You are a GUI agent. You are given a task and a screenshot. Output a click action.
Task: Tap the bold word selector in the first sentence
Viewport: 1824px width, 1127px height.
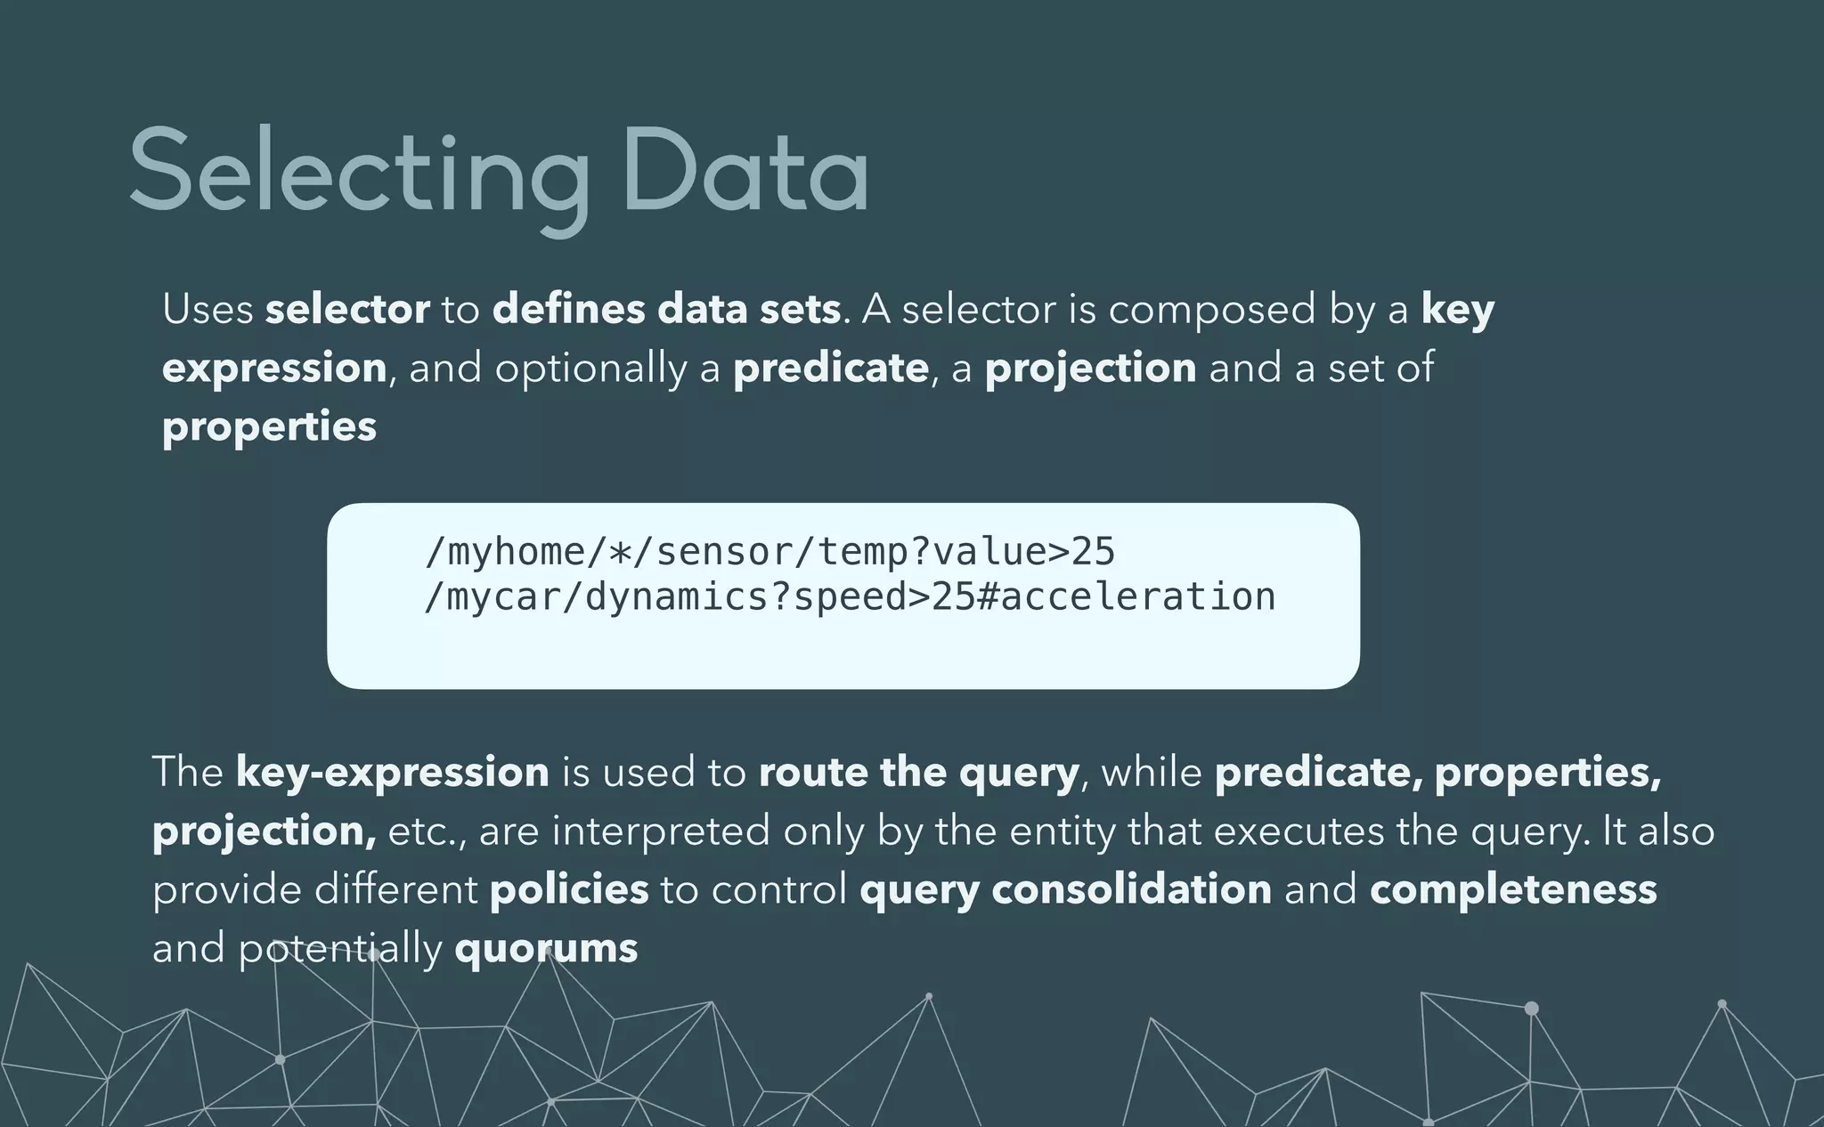(x=347, y=310)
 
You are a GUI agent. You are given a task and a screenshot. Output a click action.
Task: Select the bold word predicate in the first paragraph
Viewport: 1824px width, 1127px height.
(x=830, y=369)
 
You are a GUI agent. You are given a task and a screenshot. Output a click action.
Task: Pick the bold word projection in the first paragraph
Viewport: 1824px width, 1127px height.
(x=1090, y=369)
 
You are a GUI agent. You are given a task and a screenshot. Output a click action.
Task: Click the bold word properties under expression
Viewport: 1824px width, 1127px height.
(x=269, y=427)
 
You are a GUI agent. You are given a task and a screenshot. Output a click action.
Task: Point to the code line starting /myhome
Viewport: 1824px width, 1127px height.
(x=769, y=552)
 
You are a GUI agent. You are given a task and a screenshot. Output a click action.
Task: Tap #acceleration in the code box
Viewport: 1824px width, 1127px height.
(x=1126, y=597)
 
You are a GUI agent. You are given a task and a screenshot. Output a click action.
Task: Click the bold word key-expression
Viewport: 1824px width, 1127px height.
(x=392, y=772)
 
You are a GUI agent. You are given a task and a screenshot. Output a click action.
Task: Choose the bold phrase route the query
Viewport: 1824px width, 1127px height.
(x=918, y=772)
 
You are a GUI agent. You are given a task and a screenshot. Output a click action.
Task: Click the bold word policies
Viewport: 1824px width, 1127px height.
(x=569, y=889)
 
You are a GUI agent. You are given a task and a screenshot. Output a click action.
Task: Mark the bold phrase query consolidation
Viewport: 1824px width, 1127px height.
(x=1065, y=889)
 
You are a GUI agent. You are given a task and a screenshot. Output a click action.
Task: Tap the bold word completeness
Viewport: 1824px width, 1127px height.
(x=1513, y=889)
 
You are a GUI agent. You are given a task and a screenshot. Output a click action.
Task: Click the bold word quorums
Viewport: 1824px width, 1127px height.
(x=546, y=948)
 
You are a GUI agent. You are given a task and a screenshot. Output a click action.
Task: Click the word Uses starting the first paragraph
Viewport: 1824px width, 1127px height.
(x=208, y=310)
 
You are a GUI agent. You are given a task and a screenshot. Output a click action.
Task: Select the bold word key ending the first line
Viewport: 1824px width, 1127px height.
(x=1457, y=310)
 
